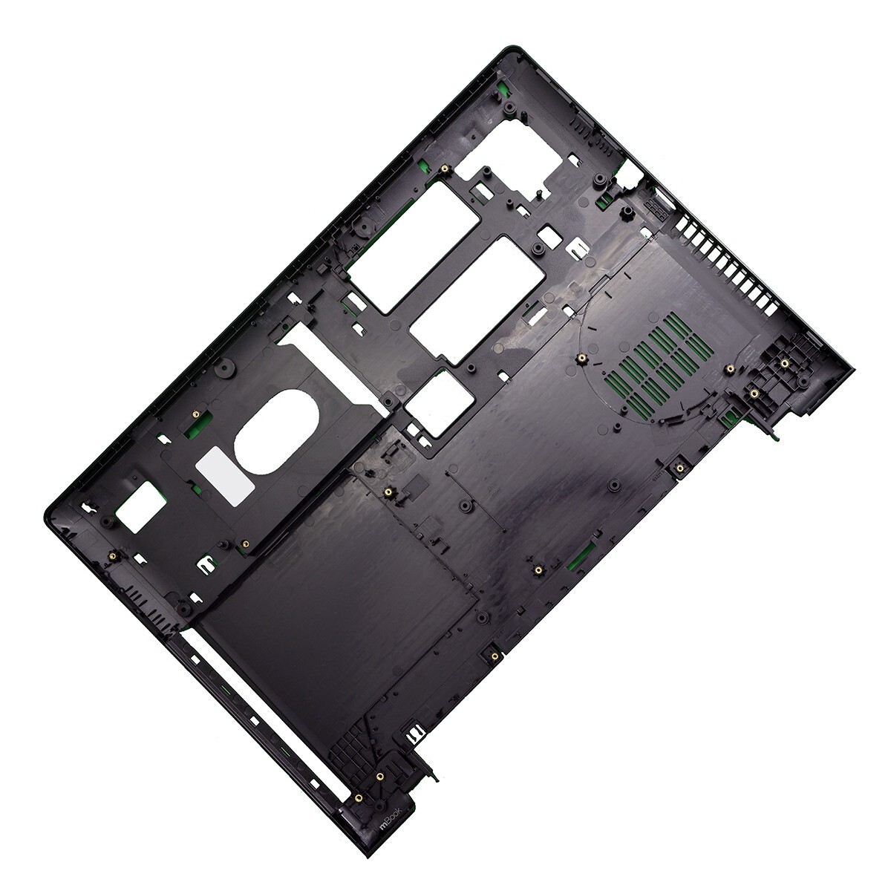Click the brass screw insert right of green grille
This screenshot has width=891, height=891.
point(731,368)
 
